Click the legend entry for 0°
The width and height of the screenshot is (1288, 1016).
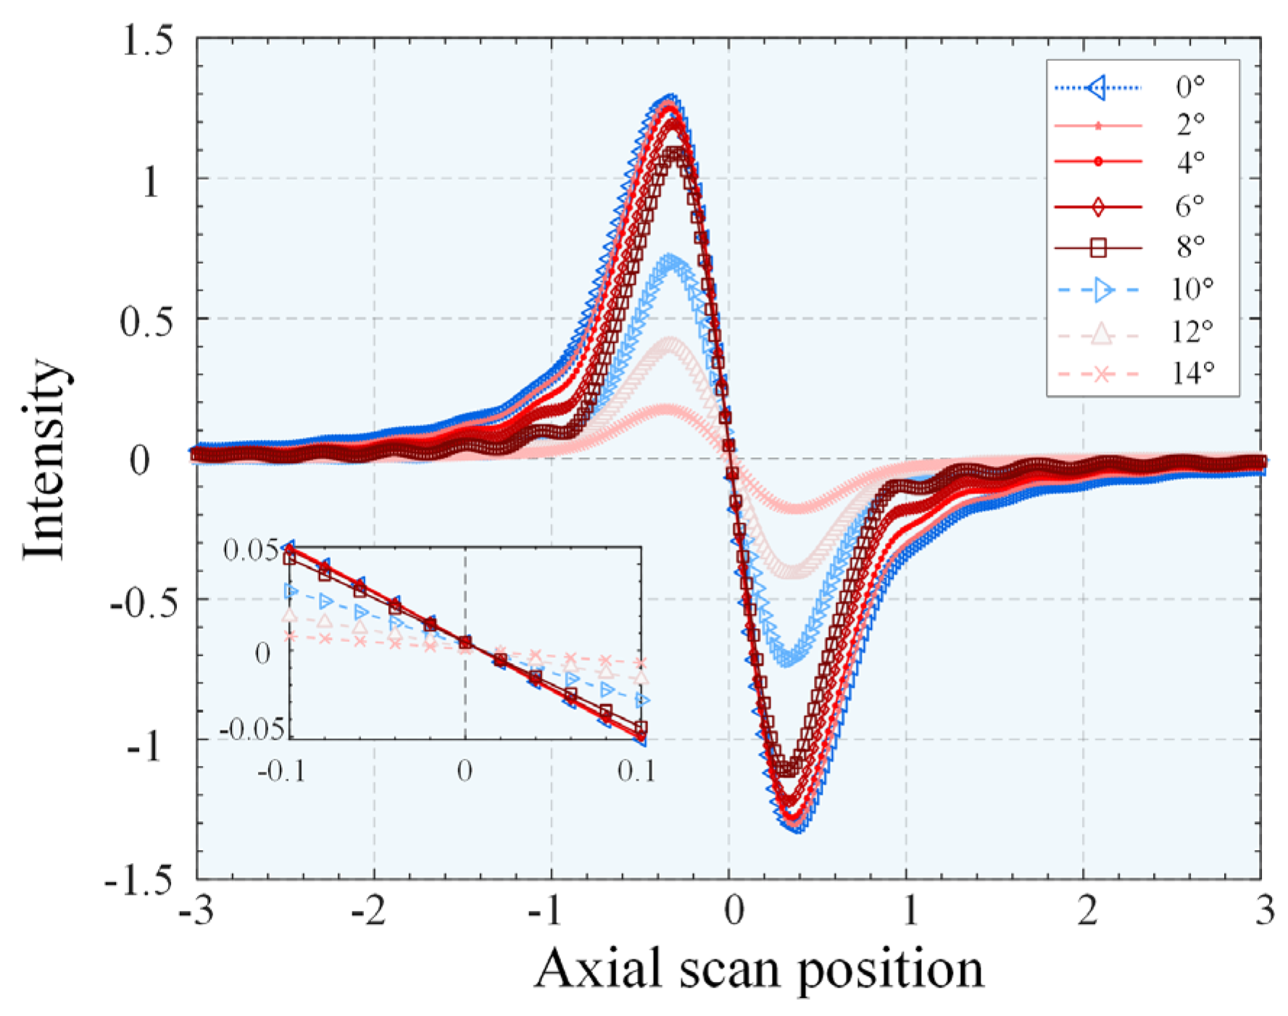click(x=1189, y=88)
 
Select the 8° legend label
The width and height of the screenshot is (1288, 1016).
click(x=1189, y=247)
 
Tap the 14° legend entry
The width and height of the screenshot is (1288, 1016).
click(x=1192, y=374)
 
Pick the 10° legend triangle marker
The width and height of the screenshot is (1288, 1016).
click(x=1102, y=290)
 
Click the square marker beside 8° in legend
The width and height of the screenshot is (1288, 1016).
click(x=1098, y=248)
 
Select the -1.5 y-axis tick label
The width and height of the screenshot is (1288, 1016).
click(x=139, y=880)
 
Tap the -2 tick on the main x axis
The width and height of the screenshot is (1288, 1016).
click(x=373, y=911)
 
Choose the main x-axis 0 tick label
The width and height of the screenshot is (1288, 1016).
click(x=734, y=911)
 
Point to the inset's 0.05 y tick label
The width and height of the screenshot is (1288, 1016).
click(x=250, y=550)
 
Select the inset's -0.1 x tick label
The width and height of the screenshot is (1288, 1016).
click(x=281, y=771)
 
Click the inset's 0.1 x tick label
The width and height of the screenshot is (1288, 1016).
click(x=637, y=771)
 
